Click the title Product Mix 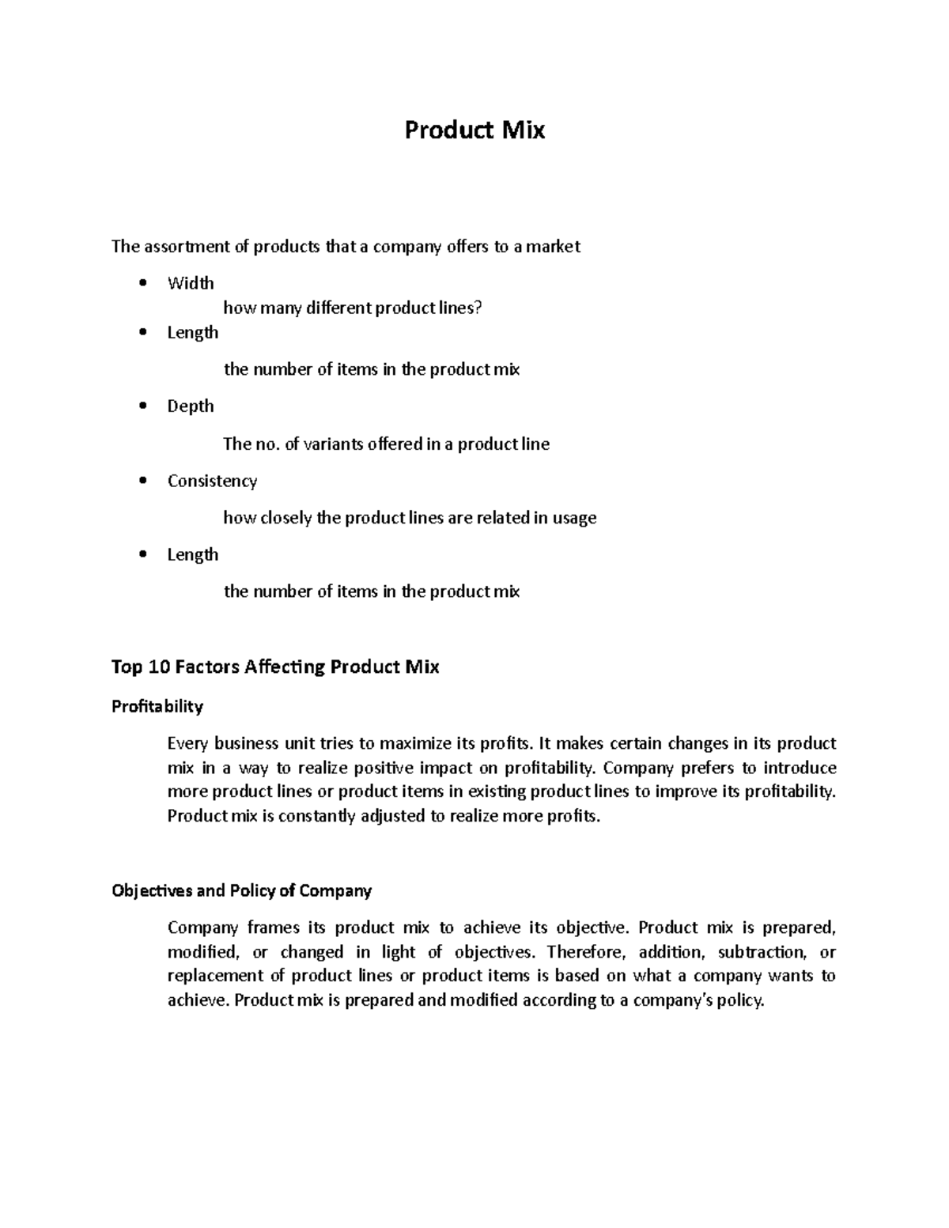[475, 130]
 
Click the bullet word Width [191, 283]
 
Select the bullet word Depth [191, 406]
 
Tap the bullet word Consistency [212, 481]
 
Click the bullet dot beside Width [142, 283]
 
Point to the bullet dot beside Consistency [142, 481]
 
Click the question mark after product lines [478, 308]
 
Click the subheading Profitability [157, 706]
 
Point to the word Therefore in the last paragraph [587, 951]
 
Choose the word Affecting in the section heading [285, 667]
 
